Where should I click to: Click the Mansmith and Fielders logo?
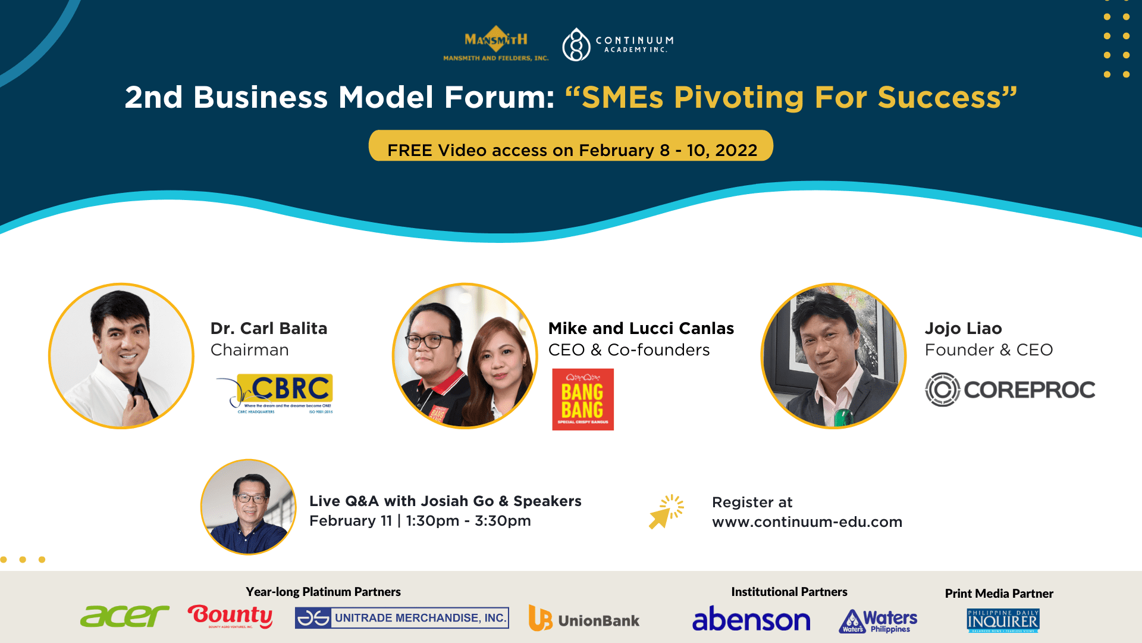495,43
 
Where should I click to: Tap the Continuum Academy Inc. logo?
618,44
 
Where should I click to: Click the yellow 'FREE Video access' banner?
571,146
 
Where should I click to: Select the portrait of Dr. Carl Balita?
121,356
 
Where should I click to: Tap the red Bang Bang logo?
582,399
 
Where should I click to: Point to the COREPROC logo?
1010,390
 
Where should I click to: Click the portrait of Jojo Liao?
833,356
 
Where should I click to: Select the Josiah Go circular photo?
249,507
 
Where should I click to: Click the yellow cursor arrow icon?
666,511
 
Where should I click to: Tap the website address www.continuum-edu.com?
807,522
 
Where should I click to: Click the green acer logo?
124,617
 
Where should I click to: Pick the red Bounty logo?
230,616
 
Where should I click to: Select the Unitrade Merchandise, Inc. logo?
402,618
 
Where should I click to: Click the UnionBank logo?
584,619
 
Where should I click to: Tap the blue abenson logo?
751,619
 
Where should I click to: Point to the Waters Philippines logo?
878,621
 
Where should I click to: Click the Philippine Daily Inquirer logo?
1003,620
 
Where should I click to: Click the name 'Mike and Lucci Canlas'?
641,329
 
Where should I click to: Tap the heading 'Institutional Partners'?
789,592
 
